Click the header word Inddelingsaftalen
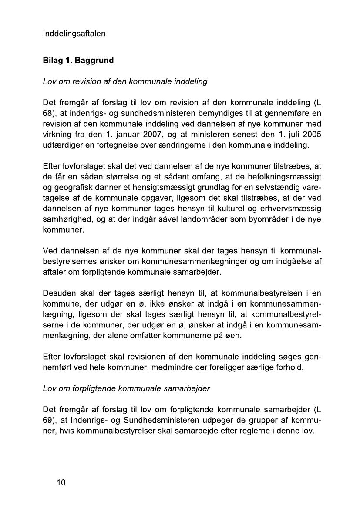point(74,34)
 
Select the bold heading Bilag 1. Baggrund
point(78,60)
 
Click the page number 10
point(60,482)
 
